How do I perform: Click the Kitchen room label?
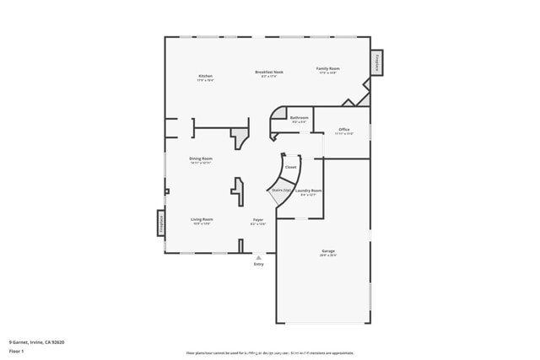tap(205, 76)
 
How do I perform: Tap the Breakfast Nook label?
tap(268, 73)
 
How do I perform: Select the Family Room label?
tap(327, 68)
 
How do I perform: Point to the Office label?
tap(343, 129)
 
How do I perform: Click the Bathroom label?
tap(299, 117)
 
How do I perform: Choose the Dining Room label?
tap(200, 159)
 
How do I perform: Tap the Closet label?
tap(290, 167)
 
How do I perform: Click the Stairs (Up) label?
tap(281, 191)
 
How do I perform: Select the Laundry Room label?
tap(308, 191)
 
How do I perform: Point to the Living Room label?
tap(201, 219)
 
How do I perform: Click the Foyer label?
tap(258, 220)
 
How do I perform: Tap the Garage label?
tap(327, 251)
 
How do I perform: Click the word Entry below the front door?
tap(259, 265)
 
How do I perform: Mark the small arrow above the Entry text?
tap(259, 257)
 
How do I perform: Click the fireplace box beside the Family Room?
tap(376, 62)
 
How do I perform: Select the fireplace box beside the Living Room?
tap(159, 223)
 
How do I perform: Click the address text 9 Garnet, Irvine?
tap(36, 342)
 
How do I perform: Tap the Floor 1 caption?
tap(17, 352)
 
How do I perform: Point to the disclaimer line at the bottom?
tap(270, 353)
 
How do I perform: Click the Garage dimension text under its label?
tap(327, 255)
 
